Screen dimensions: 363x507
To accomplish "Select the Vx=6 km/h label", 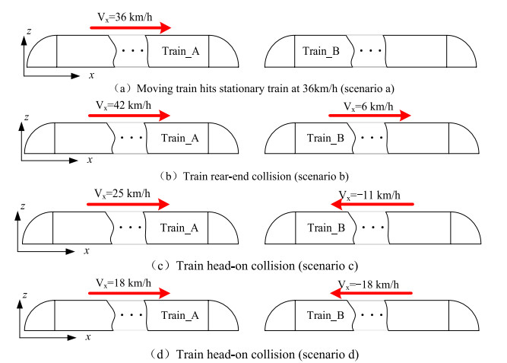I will click(368, 106).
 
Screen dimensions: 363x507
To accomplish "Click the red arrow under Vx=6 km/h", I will click(369, 117).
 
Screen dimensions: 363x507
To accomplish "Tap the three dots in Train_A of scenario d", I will click(130, 315).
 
